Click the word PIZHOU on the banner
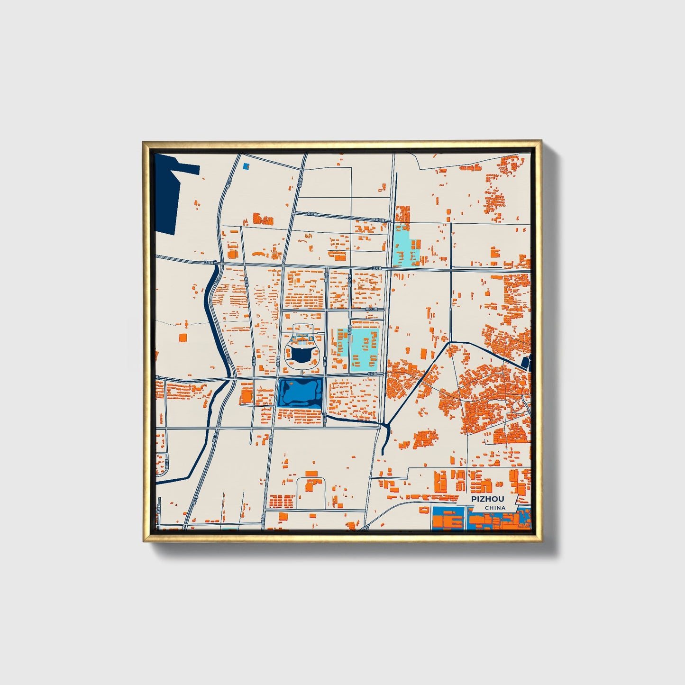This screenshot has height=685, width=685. tap(487, 499)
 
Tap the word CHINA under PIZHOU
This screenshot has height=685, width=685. tap(495, 508)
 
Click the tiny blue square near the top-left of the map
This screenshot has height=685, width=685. tap(246, 166)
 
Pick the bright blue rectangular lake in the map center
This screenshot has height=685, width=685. tap(301, 393)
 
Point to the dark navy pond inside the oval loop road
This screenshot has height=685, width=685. tap(301, 354)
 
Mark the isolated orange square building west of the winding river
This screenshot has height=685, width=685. tap(183, 338)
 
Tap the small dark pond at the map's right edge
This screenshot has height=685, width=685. tap(525, 363)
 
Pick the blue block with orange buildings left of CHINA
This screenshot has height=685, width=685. tap(448, 519)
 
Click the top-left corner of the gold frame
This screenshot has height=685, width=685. tap(144, 142)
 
